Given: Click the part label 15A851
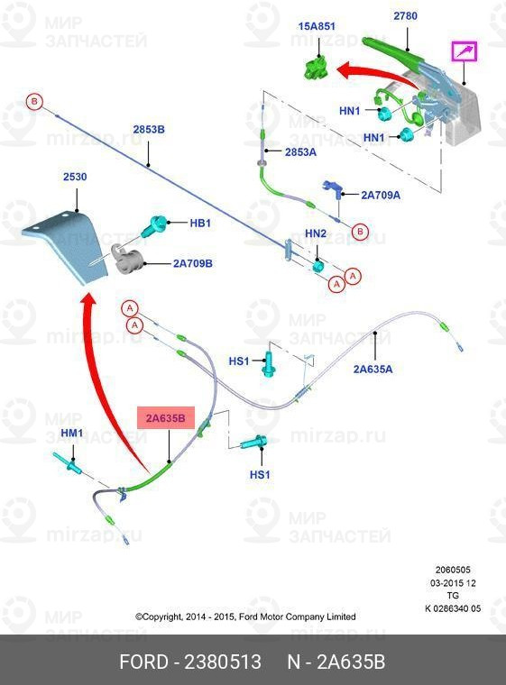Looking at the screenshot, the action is [317, 26].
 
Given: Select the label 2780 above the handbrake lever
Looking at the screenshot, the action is [405, 16].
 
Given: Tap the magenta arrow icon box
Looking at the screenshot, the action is [465, 52].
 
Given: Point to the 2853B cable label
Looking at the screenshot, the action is [149, 129].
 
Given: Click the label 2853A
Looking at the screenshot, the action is [300, 152].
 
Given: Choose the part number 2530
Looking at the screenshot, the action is [75, 177].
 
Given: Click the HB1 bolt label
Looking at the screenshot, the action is [200, 223].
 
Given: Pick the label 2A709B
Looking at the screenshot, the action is [193, 263].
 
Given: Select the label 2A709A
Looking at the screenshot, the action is [381, 195].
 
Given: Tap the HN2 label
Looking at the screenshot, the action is [316, 234].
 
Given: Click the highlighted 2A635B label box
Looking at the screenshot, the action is [166, 418].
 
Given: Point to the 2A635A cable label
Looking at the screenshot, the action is [373, 370].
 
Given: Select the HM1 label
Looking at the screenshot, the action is [72, 433].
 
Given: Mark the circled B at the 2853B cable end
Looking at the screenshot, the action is [34, 102].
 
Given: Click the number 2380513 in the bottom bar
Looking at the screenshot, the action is [223, 662].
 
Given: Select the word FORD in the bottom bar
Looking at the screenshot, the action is [143, 662].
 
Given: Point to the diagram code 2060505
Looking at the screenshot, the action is [453, 570].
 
